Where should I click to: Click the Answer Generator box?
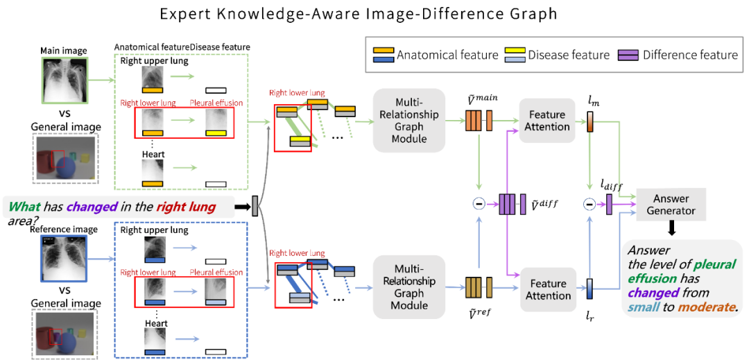coord(671,204)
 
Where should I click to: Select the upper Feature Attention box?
coord(547,121)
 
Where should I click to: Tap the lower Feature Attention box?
coord(548,289)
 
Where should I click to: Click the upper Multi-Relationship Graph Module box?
coord(408,120)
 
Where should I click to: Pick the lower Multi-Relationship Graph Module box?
coord(408,286)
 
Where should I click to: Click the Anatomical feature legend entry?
coord(436,55)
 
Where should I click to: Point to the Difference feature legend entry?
coord(680,55)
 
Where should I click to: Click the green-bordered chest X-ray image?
coord(65,80)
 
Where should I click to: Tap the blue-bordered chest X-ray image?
coord(64,258)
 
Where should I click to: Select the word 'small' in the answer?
coord(643,307)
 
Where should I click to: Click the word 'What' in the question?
coord(24,207)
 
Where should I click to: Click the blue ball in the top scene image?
coord(67,168)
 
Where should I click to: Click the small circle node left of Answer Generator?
coord(589,204)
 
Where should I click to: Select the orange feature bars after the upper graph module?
coord(479,121)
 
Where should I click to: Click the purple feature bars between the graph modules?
coord(510,204)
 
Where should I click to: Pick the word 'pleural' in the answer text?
coord(714,265)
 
